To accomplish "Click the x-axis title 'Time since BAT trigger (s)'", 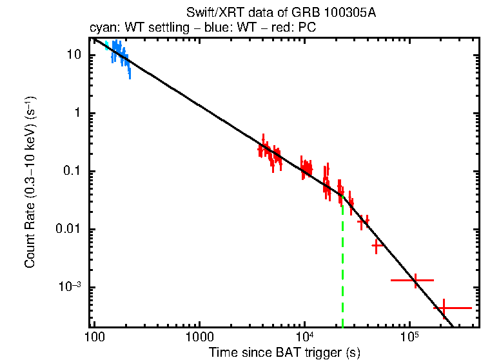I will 284,353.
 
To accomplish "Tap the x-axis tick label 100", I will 94,337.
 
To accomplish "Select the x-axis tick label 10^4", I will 304,337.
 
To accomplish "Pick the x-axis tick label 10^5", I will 409,337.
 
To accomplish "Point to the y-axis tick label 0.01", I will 67,230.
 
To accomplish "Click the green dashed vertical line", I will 342,271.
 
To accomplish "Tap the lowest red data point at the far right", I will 444,308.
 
